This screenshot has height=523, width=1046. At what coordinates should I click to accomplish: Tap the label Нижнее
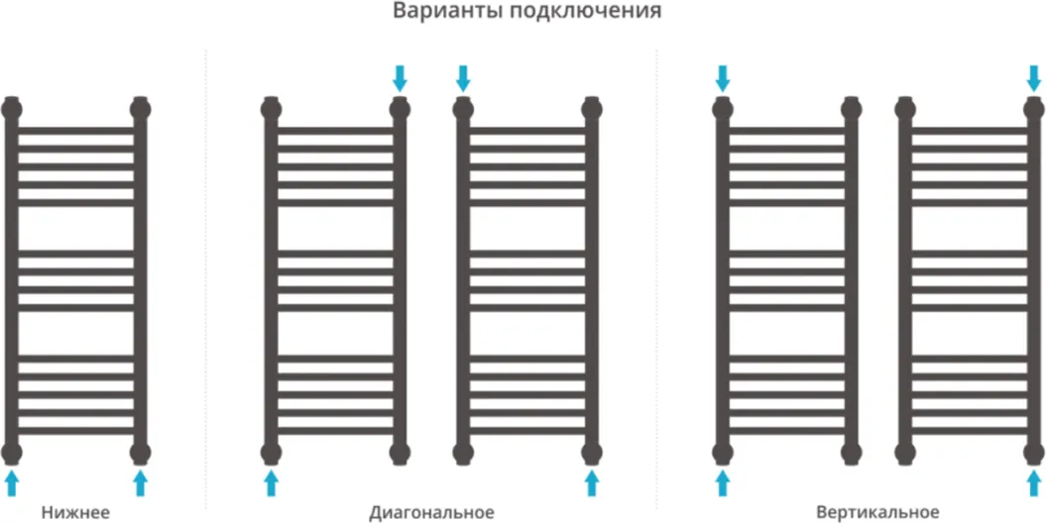(75, 512)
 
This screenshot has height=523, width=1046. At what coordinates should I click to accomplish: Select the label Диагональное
(431, 512)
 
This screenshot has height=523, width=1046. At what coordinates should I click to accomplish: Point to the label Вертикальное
(877, 512)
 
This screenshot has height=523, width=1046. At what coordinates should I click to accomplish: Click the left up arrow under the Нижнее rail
(11, 482)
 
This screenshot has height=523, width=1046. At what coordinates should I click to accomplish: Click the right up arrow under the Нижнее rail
(140, 482)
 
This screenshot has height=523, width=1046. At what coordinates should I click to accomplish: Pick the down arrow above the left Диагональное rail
(400, 78)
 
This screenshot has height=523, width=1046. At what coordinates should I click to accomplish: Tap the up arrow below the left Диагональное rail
(270, 482)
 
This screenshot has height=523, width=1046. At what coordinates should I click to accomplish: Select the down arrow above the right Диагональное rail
(463, 78)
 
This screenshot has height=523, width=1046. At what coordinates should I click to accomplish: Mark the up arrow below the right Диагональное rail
(591, 482)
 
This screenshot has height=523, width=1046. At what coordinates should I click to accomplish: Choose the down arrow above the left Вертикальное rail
(723, 78)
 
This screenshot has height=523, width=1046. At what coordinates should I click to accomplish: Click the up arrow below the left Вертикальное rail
(723, 482)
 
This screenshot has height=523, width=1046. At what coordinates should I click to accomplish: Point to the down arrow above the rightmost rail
(1035, 78)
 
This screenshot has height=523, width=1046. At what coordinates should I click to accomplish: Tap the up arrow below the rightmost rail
(1035, 482)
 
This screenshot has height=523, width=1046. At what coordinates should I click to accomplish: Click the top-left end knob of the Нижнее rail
(11, 107)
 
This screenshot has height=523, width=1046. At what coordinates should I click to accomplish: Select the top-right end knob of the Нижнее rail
(140, 107)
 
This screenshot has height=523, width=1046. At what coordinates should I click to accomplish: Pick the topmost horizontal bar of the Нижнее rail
(75, 130)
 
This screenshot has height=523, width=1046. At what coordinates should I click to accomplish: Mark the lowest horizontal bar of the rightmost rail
(970, 431)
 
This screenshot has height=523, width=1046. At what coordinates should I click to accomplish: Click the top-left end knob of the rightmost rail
(905, 107)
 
